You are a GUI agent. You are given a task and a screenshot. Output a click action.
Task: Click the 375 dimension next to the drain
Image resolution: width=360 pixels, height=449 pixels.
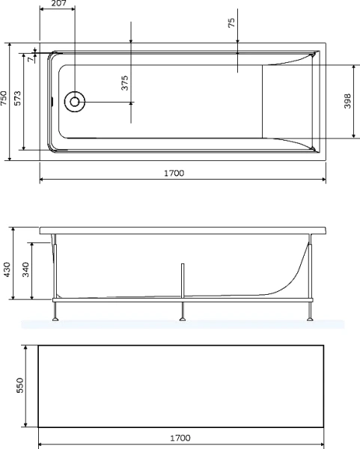click(x=125, y=82)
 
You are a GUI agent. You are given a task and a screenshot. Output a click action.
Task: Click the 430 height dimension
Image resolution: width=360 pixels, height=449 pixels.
click(x=7, y=268)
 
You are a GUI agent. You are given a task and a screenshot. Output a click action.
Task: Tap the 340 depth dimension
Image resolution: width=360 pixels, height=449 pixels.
click(x=25, y=270)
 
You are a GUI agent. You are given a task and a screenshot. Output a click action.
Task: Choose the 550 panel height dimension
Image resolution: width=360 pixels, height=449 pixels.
click(x=21, y=385)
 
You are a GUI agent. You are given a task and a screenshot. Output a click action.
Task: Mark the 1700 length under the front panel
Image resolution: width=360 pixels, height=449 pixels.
click(x=180, y=438)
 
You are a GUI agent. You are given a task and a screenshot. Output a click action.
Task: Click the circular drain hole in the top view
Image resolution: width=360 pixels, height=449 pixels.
click(x=76, y=102)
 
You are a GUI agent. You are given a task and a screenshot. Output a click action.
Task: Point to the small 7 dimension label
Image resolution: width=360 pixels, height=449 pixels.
click(x=31, y=58)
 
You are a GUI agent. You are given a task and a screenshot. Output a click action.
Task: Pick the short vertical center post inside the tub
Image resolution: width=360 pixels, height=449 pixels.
click(x=182, y=277)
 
